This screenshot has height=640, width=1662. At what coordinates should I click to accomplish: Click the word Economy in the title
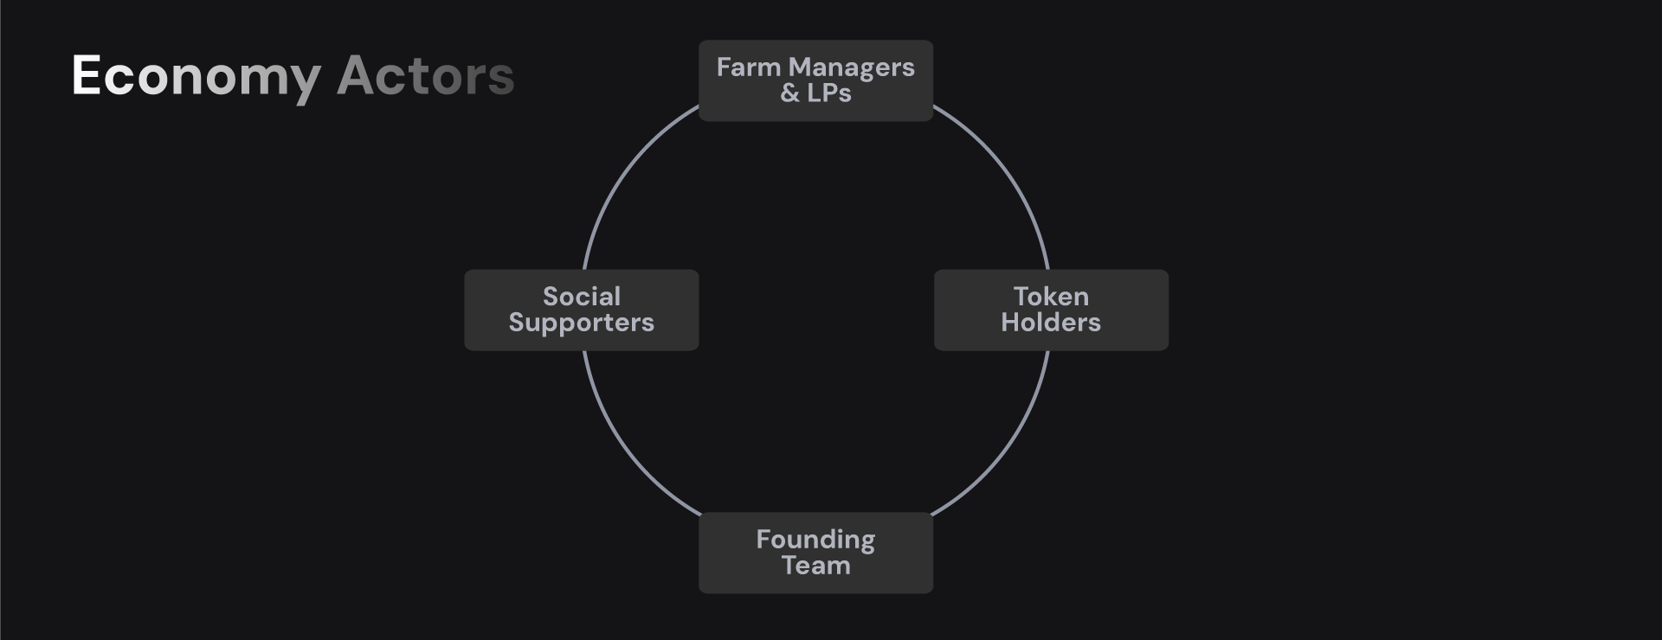click(196, 76)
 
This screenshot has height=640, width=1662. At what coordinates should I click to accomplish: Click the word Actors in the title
click(425, 76)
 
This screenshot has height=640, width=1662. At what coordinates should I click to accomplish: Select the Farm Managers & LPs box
click(815, 80)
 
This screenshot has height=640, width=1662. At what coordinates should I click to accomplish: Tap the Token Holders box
click(1051, 310)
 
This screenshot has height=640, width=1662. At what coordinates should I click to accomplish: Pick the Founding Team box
click(815, 553)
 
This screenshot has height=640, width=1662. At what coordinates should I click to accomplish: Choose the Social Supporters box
click(582, 310)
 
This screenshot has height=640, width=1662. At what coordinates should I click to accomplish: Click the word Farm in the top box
click(749, 67)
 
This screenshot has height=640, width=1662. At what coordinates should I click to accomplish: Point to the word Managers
click(851, 67)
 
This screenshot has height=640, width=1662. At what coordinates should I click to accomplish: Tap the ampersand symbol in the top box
click(789, 93)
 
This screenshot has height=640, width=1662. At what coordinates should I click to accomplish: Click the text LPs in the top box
click(829, 93)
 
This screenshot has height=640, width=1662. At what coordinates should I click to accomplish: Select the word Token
click(1051, 297)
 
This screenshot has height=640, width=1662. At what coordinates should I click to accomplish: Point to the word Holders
click(1051, 323)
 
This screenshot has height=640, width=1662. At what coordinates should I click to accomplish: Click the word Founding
click(815, 540)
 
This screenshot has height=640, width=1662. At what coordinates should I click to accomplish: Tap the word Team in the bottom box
click(815, 566)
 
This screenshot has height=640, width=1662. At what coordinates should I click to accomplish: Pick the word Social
click(582, 297)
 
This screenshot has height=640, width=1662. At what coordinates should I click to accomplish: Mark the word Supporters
click(582, 323)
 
